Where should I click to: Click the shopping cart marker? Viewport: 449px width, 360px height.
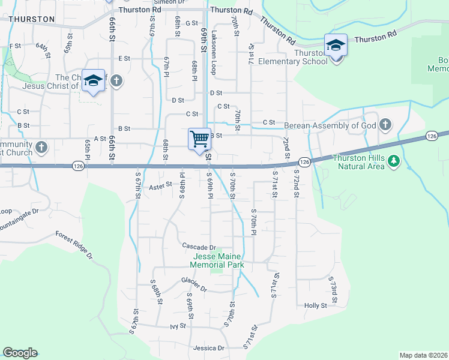199,139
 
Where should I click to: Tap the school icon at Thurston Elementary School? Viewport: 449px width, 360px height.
336,46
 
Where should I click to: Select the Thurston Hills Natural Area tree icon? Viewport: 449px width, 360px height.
394,160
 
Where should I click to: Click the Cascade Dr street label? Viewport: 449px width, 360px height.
199,247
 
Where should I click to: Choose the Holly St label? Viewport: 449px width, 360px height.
315,305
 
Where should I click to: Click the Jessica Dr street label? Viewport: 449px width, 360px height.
208,348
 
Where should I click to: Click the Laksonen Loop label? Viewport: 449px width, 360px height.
213,51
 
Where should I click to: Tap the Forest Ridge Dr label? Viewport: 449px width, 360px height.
74,246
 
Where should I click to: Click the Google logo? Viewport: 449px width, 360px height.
20,353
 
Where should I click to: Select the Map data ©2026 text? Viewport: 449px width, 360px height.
424,355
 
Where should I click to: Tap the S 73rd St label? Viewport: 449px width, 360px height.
332,287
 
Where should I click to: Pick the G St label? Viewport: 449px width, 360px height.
192,23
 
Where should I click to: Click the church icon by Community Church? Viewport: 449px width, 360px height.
41,147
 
